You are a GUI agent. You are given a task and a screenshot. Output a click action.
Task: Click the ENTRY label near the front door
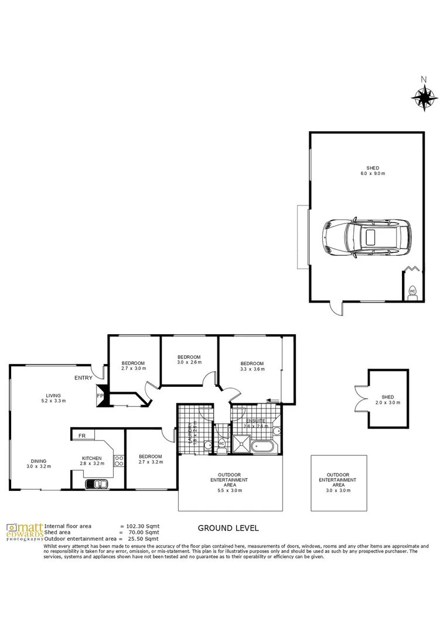pyautogui.click(x=83, y=378)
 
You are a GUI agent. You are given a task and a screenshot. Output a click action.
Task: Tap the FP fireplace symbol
pyautogui.click(x=100, y=396)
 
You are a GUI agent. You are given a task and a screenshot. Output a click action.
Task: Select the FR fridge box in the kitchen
pyautogui.click(x=82, y=435)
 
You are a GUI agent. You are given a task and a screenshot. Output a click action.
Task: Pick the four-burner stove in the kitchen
pyautogui.click(x=119, y=461)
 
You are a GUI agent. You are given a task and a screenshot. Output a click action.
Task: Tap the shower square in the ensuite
pyautogui.click(x=241, y=445)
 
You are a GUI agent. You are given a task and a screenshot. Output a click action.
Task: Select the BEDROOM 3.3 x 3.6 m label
pyautogui.click(x=252, y=366)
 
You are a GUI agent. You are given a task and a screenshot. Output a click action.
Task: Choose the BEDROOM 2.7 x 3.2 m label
pyautogui.click(x=150, y=460)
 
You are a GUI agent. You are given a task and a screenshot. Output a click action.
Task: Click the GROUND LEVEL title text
pyautogui.click(x=228, y=528)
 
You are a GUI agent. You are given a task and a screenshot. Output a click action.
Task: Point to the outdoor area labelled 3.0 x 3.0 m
pyautogui.click(x=338, y=483)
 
